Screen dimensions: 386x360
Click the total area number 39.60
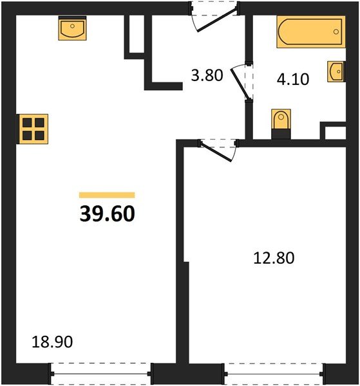[x=108, y=213]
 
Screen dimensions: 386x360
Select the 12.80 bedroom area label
[x=273, y=259]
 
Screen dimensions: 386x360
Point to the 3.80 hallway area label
[x=207, y=76]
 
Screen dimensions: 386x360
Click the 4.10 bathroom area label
[x=293, y=80]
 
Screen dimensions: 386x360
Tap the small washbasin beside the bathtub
[x=336, y=71]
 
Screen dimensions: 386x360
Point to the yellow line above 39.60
[x=107, y=194]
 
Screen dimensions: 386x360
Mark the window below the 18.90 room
[x=100, y=372]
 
